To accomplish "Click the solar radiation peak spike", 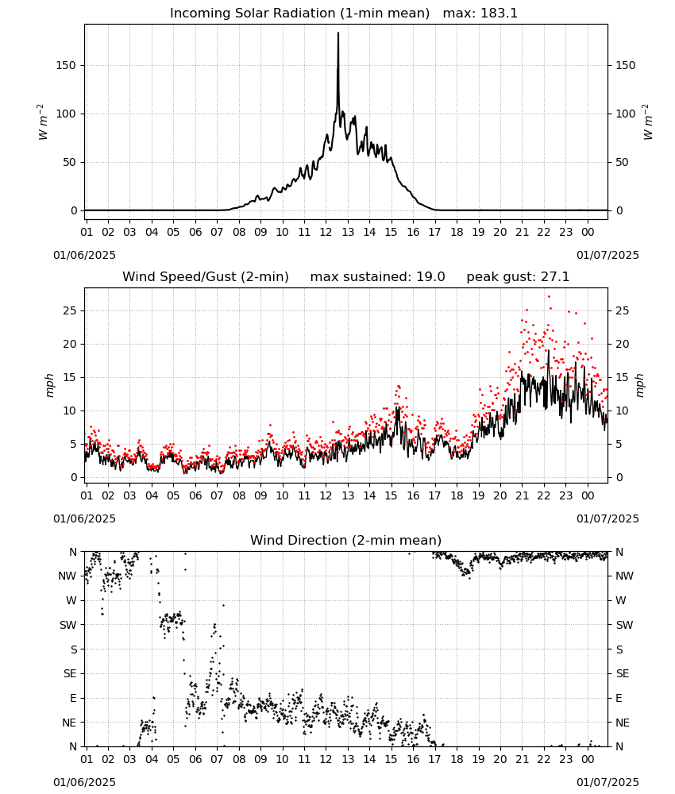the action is point(338,33).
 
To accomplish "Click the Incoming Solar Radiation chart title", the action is point(299,13).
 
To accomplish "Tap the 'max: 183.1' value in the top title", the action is point(480,13).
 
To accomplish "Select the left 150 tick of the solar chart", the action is point(66,65).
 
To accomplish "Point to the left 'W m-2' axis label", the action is point(43,122).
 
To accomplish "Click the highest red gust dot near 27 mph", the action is point(549,297).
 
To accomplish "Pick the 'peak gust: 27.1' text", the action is point(518,277).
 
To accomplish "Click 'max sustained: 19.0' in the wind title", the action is point(377,277).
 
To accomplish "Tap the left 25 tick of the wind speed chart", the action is point(70,310).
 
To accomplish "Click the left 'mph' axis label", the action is point(49,385).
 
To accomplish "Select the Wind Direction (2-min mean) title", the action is point(346,540).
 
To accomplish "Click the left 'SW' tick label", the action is point(68,625).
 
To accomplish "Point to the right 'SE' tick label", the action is point(623,673).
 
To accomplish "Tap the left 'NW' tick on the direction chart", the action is point(67,576).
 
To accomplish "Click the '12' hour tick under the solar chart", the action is point(326,232).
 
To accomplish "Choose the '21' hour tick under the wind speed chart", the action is point(522,495).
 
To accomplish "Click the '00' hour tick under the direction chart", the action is point(588,759).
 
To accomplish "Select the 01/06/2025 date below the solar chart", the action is point(84,255).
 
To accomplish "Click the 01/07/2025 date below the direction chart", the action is point(607,782).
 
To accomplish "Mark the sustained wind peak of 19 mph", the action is point(549,350).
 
